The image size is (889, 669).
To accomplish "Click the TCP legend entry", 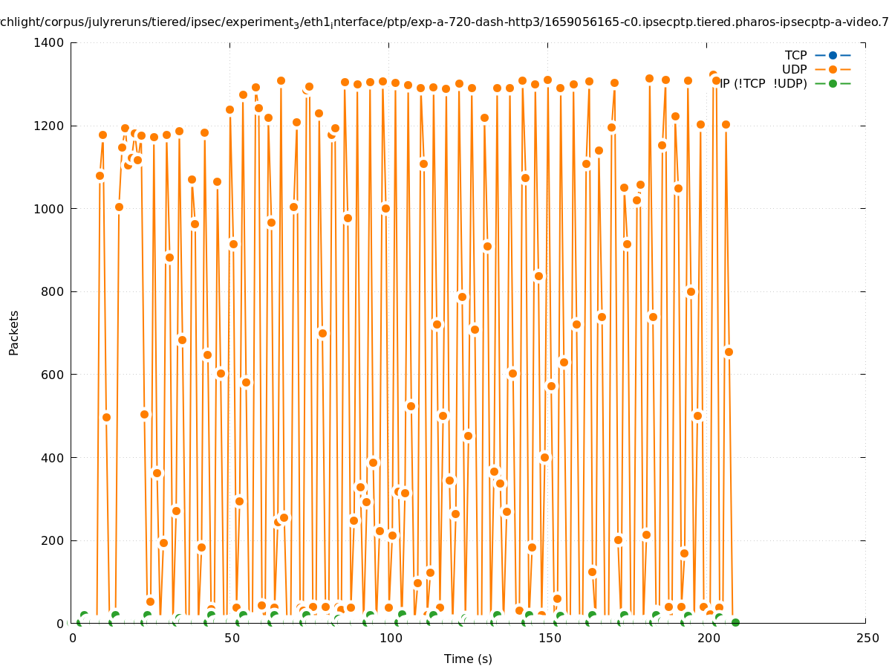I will tap(795, 55).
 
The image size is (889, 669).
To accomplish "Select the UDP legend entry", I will tap(794, 69).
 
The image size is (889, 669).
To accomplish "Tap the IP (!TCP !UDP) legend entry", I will tap(763, 83).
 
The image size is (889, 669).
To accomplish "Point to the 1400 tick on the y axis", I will tap(50, 42).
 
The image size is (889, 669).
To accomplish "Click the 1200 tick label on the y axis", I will tap(50, 126).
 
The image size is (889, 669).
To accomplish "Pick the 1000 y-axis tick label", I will tap(50, 209).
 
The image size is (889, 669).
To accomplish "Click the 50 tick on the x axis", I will tap(231, 639).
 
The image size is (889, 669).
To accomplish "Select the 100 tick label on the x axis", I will tap(390, 639).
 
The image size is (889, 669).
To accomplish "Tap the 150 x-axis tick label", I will tap(549, 639).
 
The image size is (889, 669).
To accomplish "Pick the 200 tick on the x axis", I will tap(708, 639).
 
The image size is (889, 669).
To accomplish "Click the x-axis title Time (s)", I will tap(468, 659).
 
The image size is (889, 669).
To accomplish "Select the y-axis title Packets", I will tap(14, 333).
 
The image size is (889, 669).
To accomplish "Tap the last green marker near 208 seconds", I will tap(735, 622).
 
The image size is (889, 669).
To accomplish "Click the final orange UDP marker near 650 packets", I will tap(729, 352).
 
